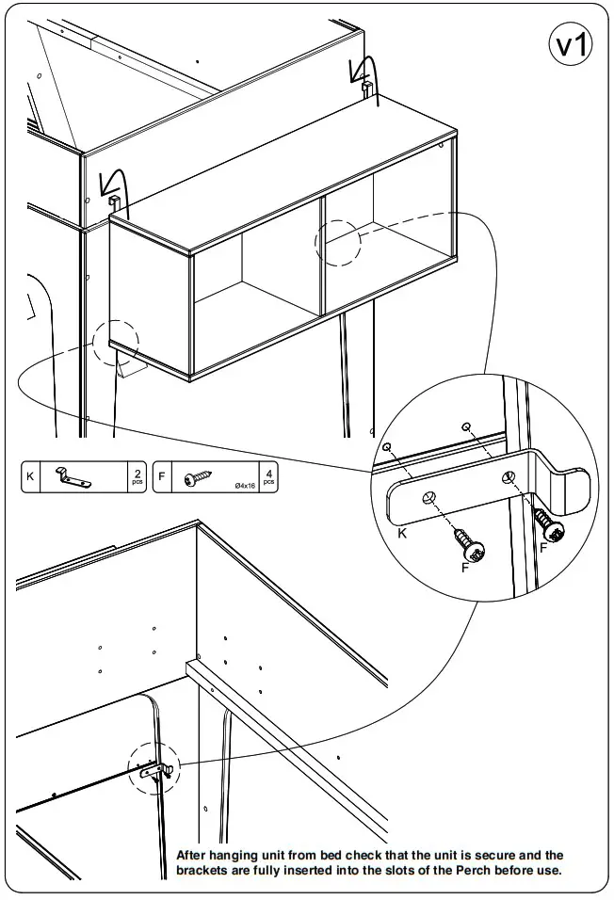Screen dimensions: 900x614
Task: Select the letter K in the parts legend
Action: (x=30, y=477)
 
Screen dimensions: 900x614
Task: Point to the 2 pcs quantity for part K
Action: (x=138, y=477)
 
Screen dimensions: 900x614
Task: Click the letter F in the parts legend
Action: (x=162, y=477)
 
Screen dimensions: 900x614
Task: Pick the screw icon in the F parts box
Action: (x=200, y=478)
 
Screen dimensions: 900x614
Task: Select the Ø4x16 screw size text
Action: (x=244, y=485)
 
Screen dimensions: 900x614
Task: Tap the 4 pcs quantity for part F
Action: (x=269, y=477)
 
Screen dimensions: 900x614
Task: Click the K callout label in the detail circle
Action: (x=402, y=534)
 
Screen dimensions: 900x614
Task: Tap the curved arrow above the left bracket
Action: (x=115, y=182)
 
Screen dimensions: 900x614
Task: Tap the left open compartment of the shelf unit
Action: (x=254, y=282)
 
